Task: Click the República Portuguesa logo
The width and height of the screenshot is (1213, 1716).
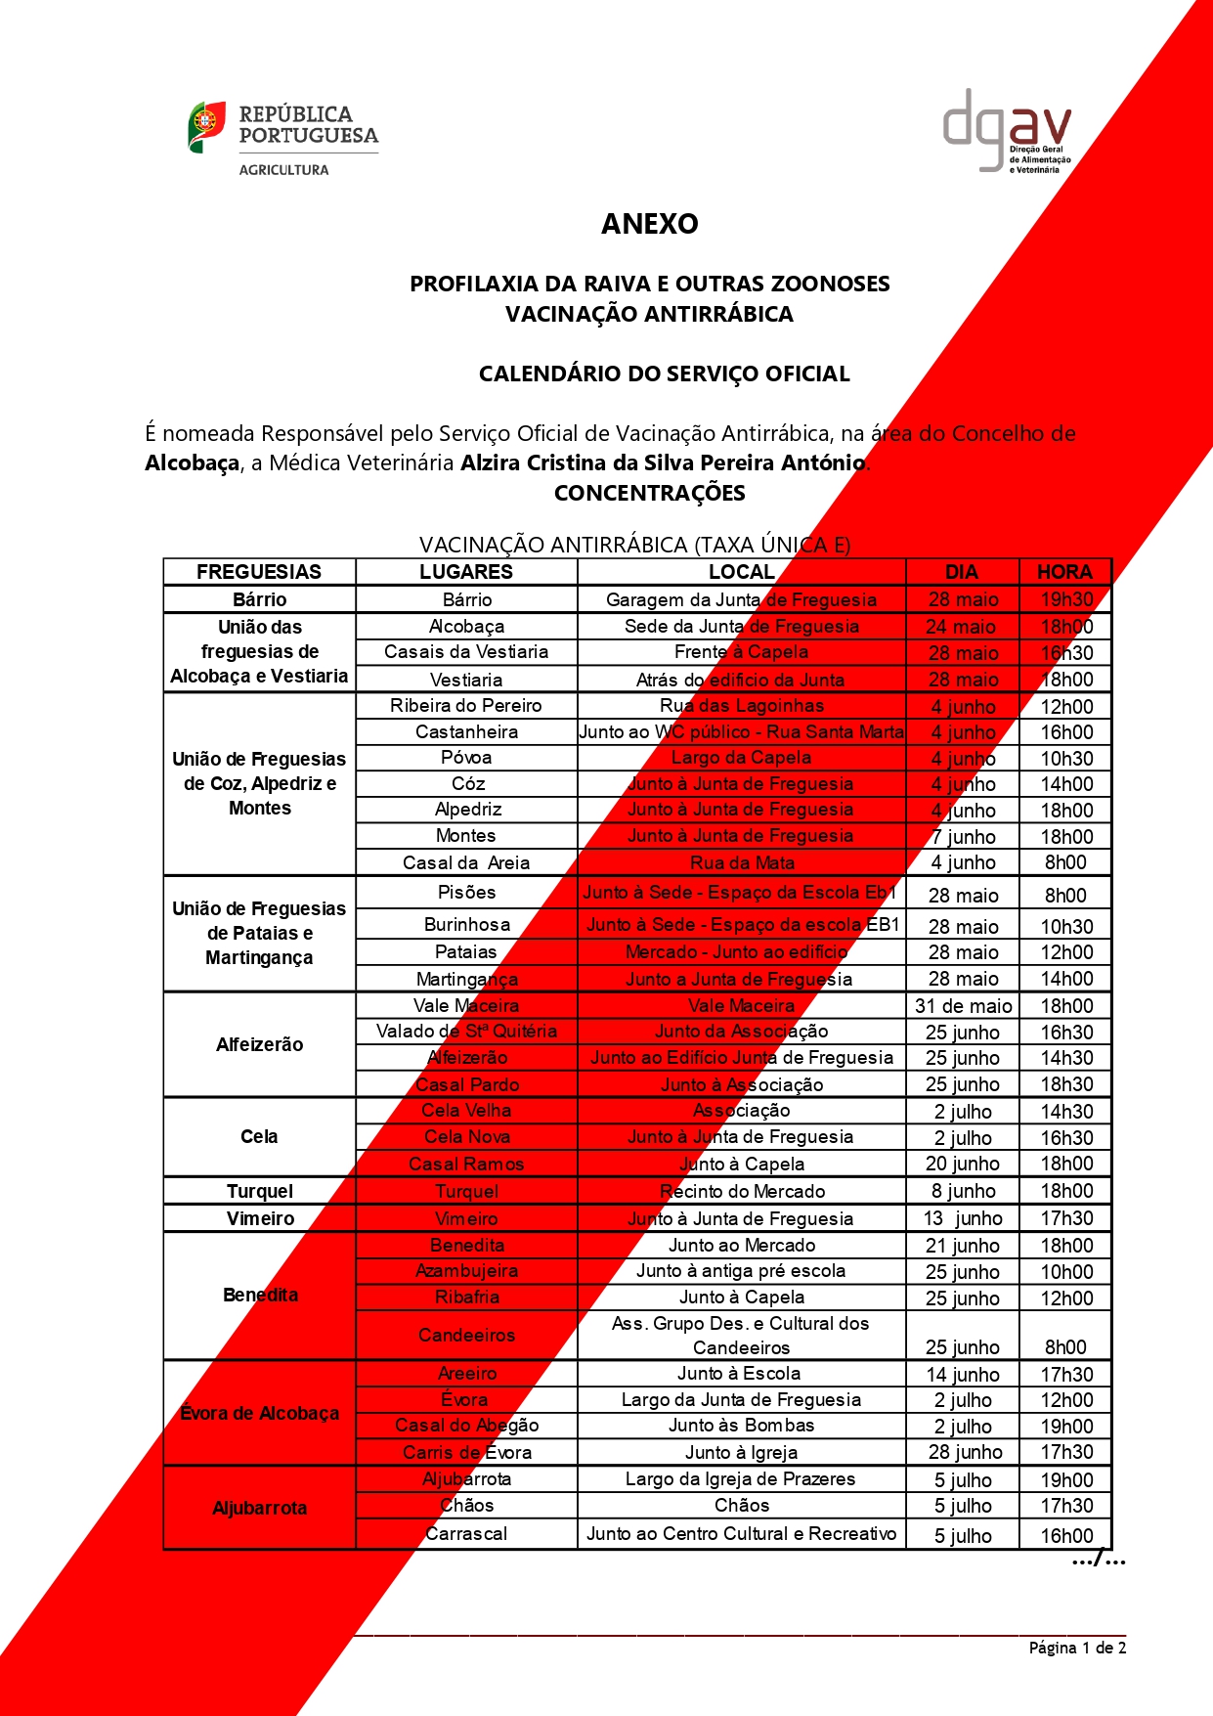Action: (282, 138)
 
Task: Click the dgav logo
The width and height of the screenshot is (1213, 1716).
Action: (1007, 131)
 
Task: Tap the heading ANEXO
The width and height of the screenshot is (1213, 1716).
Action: (649, 224)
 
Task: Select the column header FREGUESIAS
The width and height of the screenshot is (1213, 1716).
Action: (259, 572)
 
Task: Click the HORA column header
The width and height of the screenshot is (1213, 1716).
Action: (1064, 572)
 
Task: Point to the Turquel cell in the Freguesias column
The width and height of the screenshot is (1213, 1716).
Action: (260, 1191)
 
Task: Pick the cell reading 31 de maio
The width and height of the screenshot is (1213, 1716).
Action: (963, 1006)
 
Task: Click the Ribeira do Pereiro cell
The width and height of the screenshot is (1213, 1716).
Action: (466, 706)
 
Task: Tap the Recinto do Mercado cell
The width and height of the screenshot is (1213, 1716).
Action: (742, 1191)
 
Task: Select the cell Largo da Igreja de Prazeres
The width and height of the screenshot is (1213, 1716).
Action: (741, 1479)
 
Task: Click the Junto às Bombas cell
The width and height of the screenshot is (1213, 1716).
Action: (741, 1426)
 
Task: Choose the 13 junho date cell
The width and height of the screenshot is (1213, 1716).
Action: (963, 1218)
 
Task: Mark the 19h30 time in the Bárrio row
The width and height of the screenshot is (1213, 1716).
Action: (1065, 599)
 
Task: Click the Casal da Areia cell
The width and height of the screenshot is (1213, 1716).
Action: (466, 862)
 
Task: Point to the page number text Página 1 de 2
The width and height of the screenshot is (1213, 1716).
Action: (1077, 1648)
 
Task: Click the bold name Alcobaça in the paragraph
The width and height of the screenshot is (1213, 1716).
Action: (193, 462)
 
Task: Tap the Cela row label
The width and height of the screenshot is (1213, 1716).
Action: (260, 1136)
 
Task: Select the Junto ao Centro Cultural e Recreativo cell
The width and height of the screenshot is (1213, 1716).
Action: (741, 1534)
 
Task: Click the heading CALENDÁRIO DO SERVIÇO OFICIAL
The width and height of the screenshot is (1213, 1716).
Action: (664, 374)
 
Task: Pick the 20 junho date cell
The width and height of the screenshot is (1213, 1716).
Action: (963, 1164)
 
